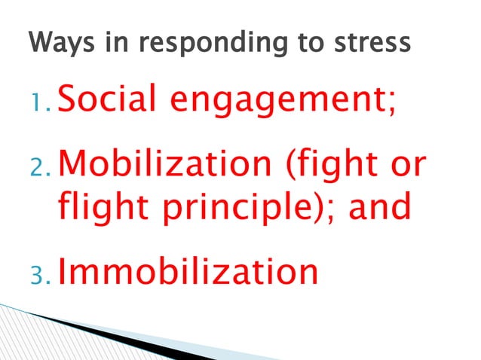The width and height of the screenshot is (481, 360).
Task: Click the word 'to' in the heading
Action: [308, 42]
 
